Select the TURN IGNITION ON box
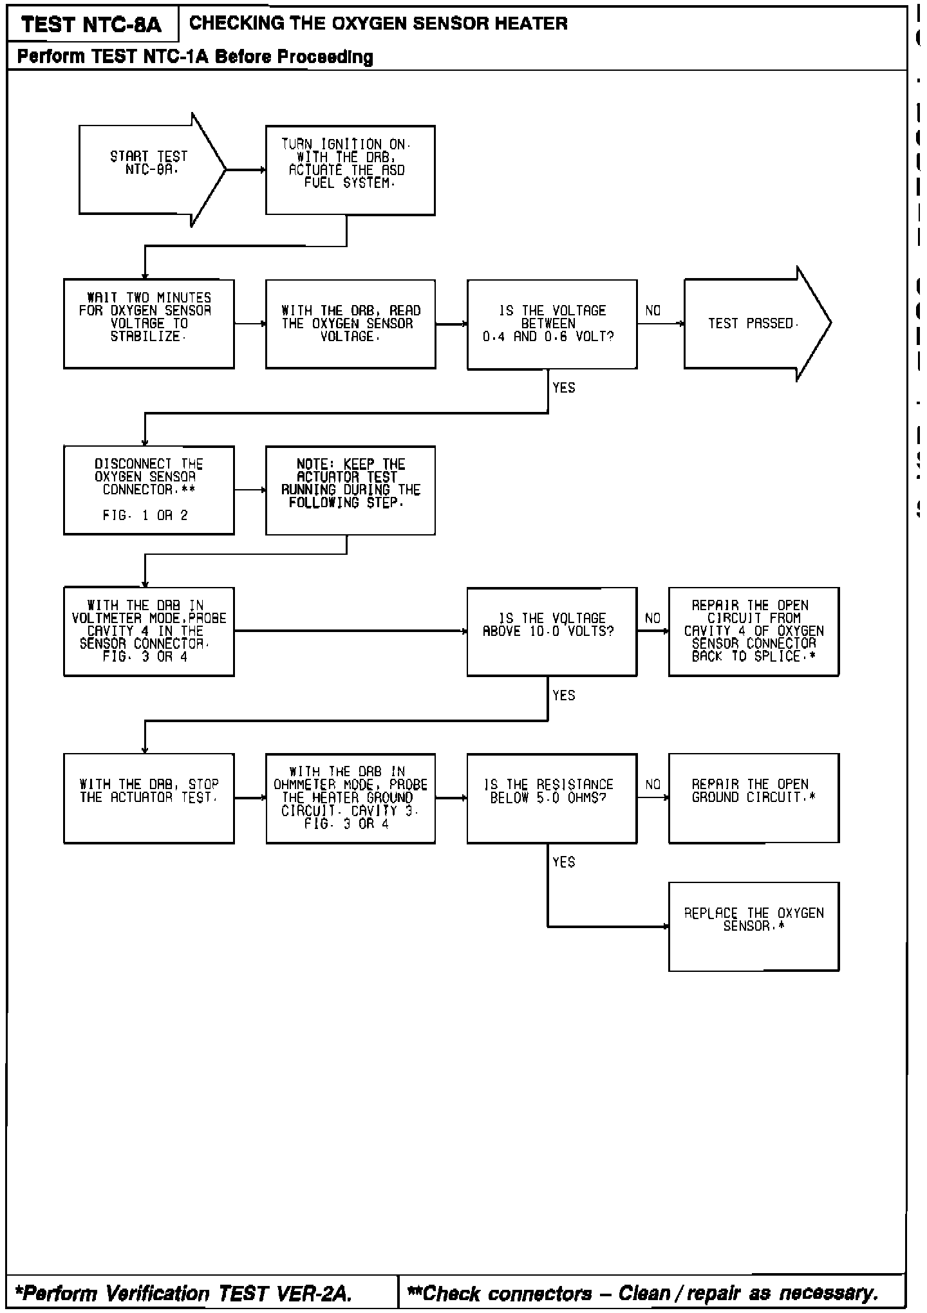[x=350, y=170]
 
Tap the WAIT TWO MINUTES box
[x=149, y=324]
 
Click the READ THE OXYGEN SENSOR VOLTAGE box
[x=350, y=324]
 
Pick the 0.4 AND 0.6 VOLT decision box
[x=552, y=324]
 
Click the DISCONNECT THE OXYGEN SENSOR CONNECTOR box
[x=149, y=490]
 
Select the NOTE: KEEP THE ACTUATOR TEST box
[x=350, y=490]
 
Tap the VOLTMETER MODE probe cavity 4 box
[x=149, y=631]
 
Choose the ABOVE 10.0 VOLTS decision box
[x=552, y=631]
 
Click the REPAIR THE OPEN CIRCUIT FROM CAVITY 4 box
[x=754, y=631]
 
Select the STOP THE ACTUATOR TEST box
[x=149, y=798]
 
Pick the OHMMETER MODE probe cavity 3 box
[x=350, y=798]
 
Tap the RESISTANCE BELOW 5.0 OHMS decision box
[x=552, y=798]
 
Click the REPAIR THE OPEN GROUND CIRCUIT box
[x=754, y=798]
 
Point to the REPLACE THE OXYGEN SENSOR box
[x=754, y=926]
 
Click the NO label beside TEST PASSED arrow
[x=653, y=311]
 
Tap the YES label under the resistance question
[x=564, y=862]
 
